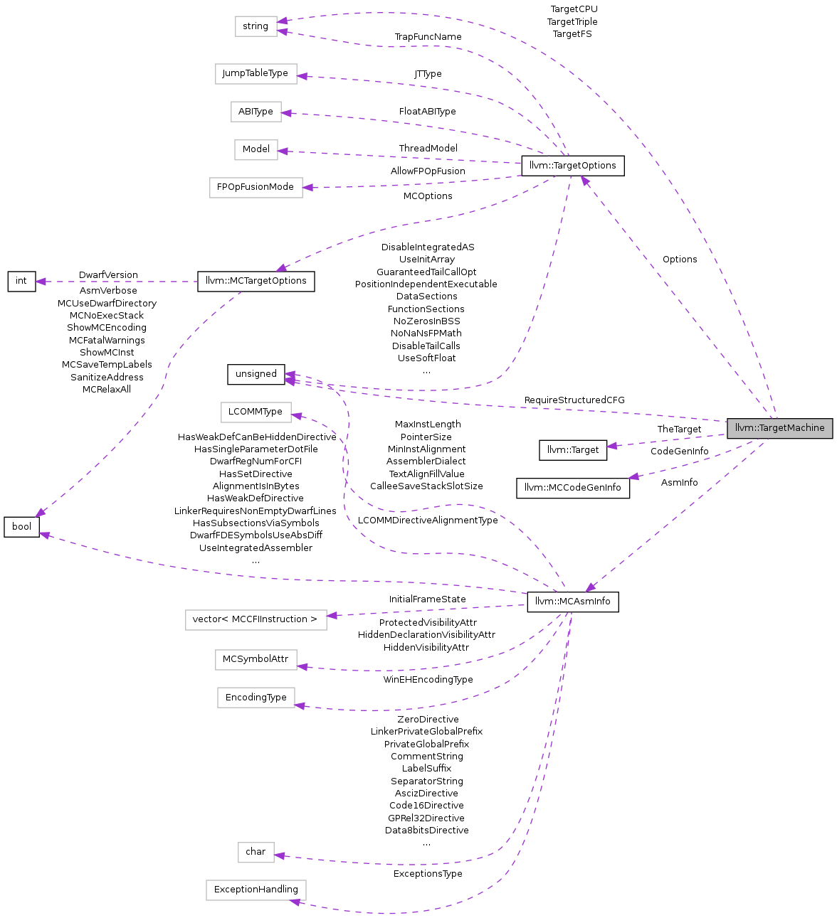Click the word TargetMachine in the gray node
pyautogui.click(x=792, y=428)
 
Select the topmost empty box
pyautogui.click(x=256, y=26)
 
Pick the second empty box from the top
pyautogui.click(x=256, y=74)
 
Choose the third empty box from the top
pyautogui.click(x=256, y=112)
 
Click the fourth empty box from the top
pyautogui.click(x=256, y=150)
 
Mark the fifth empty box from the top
pyautogui.click(x=256, y=188)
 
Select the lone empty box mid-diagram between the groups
pyautogui.click(x=256, y=412)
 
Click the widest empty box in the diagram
pyautogui.click(x=256, y=620)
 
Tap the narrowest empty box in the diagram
pyautogui.click(x=256, y=853)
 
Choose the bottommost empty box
pyautogui.click(x=256, y=890)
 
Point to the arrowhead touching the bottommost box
pyautogui.click(x=295, y=902)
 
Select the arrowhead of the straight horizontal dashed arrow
pyautogui.click(x=40, y=282)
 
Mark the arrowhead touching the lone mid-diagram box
pyautogui.click(x=297, y=415)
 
